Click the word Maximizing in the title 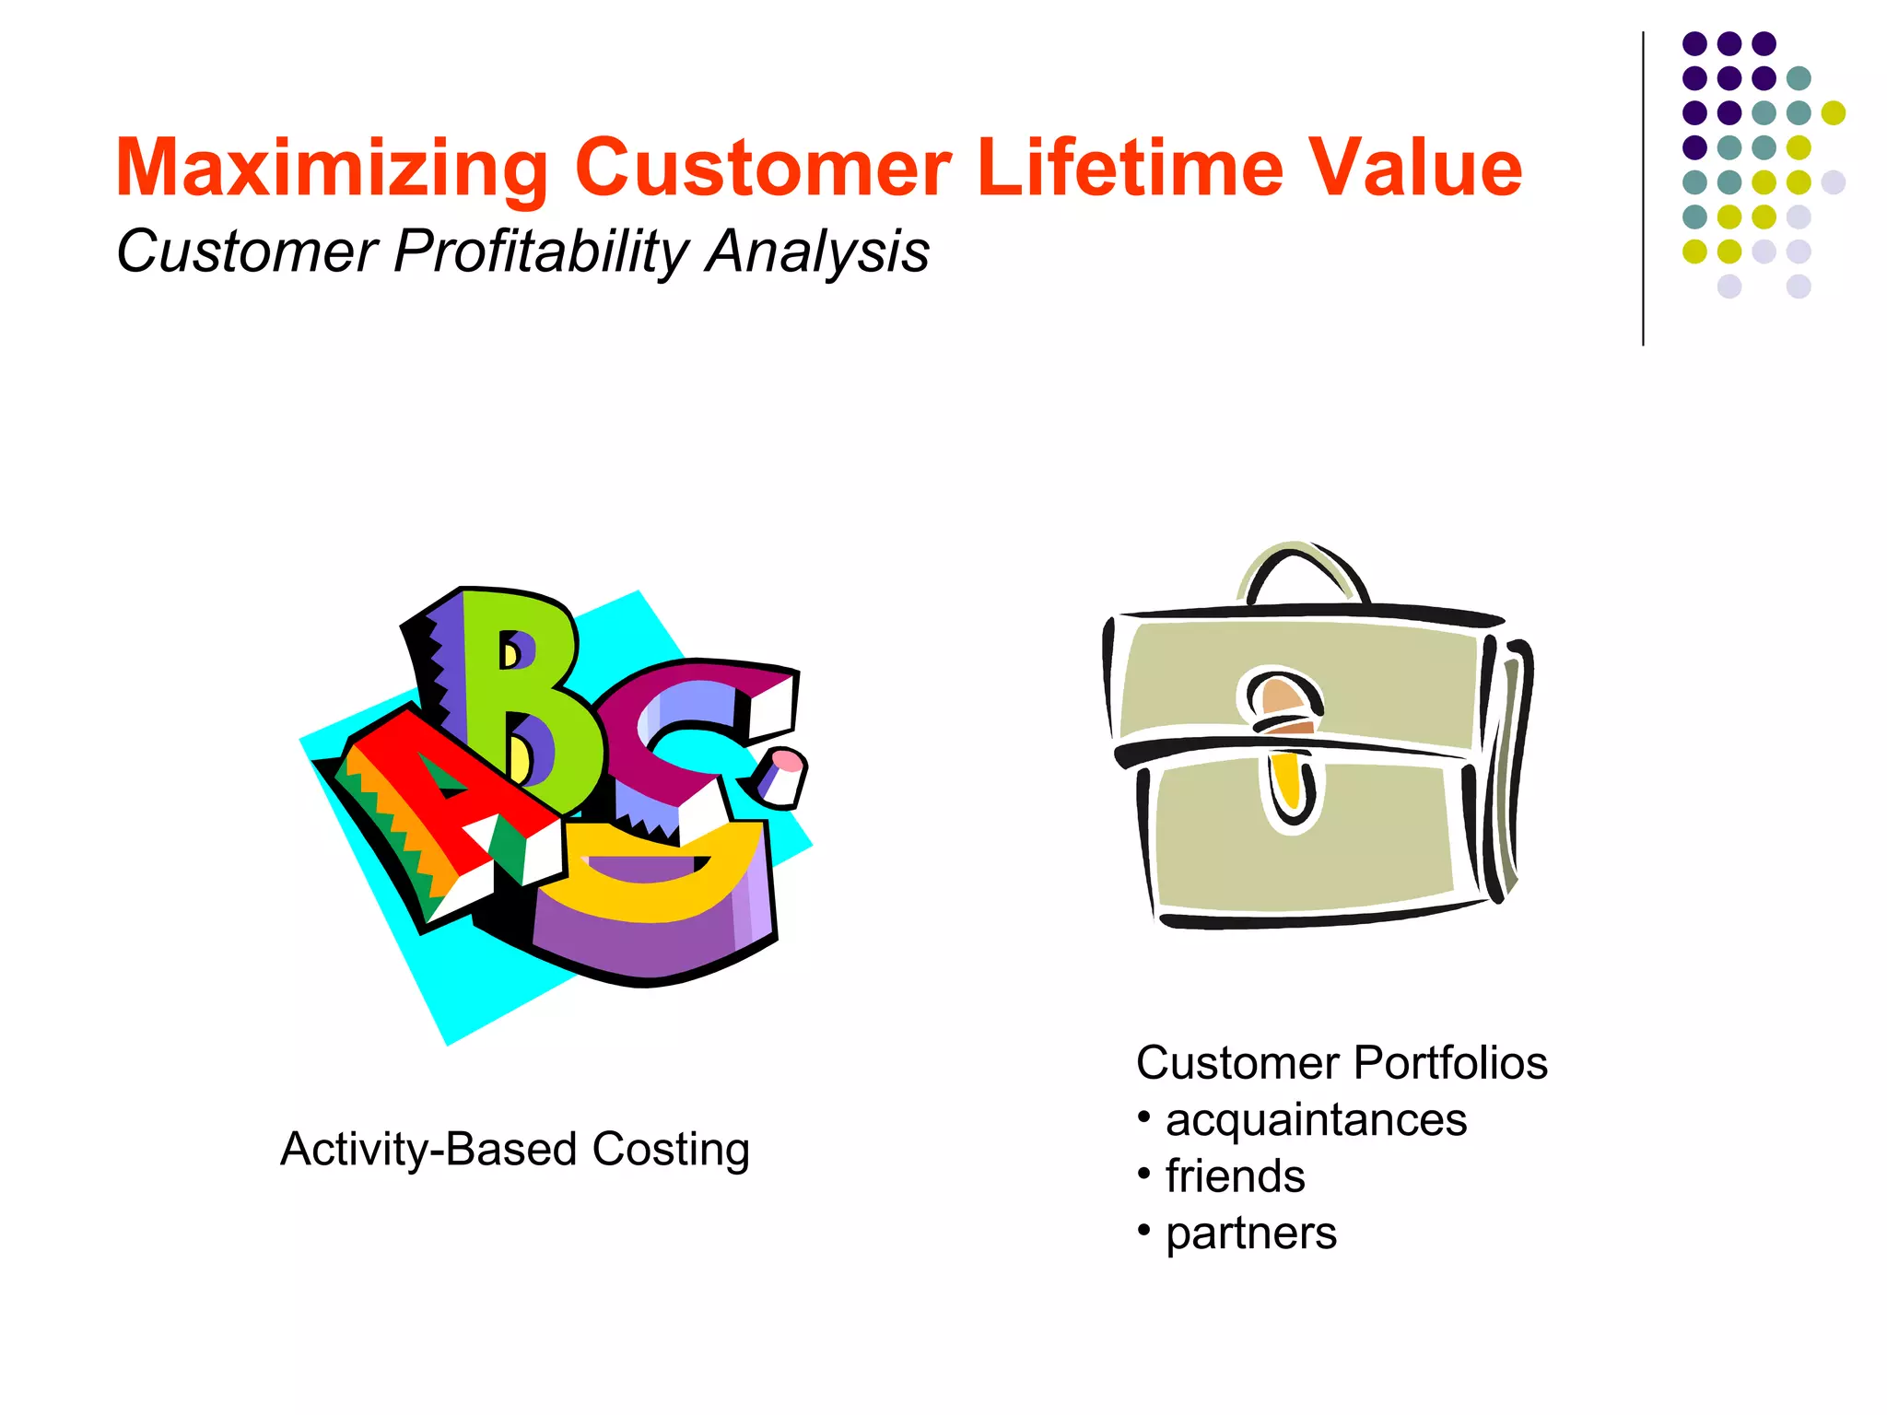[x=332, y=169]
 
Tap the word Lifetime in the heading [x=1130, y=169]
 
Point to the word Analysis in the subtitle [x=817, y=251]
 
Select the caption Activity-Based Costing [x=515, y=1149]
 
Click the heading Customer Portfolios [x=1342, y=1062]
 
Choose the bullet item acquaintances [x=1316, y=1120]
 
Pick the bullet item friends [x=1235, y=1176]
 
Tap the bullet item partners [x=1250, y=1234]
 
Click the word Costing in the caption [x=670, y=1149]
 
